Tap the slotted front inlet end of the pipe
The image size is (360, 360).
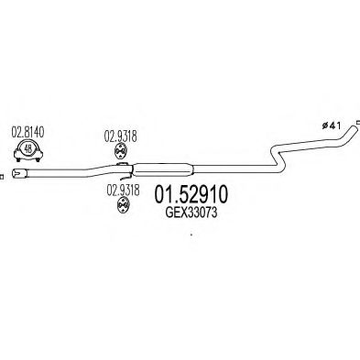27,174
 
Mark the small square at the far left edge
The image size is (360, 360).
4,175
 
